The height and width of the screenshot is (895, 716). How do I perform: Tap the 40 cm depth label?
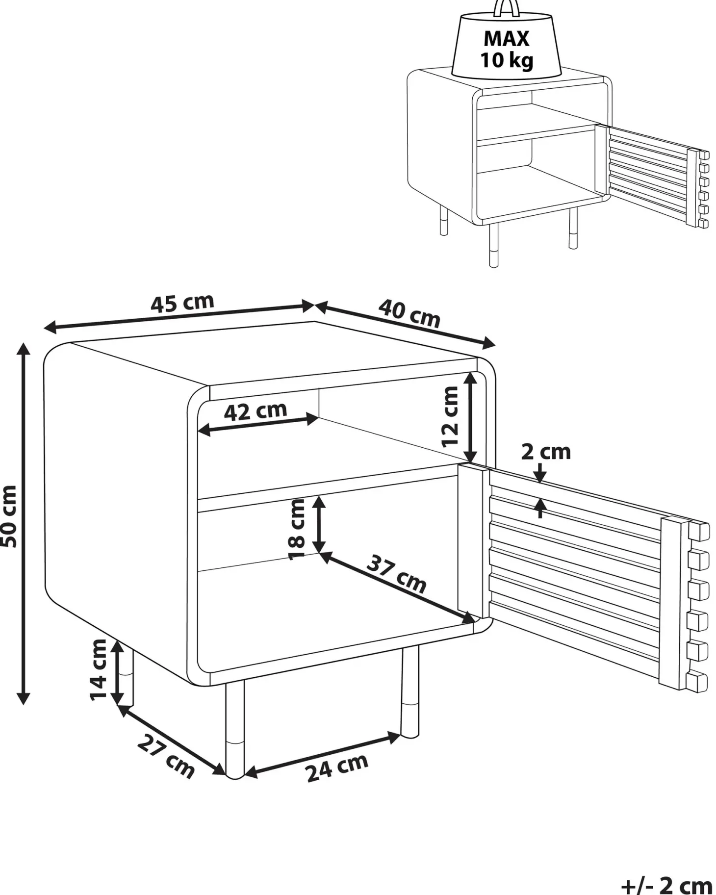pos(409,313)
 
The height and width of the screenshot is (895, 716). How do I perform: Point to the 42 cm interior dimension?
pos(255,411)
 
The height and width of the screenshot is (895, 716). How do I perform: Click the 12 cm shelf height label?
pos(450,416)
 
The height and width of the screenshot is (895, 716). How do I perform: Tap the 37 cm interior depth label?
pos(396,574)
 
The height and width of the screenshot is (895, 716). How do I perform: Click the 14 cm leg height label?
pos(98,670)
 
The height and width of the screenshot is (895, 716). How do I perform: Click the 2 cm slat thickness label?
pos(546,452)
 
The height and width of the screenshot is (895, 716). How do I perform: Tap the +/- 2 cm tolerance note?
pos(666,886)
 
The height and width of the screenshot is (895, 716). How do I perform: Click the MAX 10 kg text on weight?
pos(507,49)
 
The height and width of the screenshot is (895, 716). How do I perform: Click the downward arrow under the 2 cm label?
pos(540,473)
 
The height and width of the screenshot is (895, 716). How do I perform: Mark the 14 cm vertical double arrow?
pos(117,672)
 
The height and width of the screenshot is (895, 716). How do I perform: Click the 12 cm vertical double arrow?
pos(470,417)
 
